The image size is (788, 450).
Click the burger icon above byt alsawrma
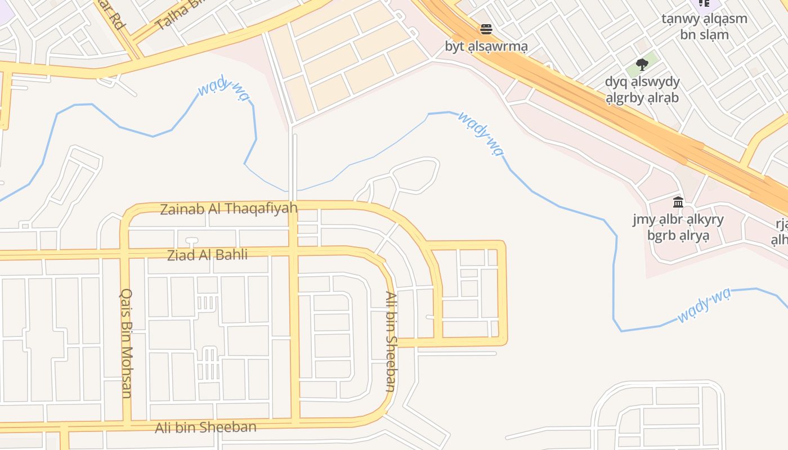[486, 29]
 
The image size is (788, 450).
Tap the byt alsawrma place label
[486, 47]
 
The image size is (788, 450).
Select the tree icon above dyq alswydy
[642, 64]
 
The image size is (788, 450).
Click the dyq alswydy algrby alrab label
[642, 89]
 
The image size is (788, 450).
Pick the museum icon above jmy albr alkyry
[678, 202]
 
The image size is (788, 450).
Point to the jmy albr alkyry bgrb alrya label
[678, 227]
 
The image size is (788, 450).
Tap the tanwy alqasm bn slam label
[704, 26]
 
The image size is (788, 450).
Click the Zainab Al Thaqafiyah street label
[229, 209]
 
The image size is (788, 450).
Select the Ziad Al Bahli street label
[207, 255]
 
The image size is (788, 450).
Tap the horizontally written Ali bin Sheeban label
[205, 427]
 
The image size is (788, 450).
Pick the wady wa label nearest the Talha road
[223, 90]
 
